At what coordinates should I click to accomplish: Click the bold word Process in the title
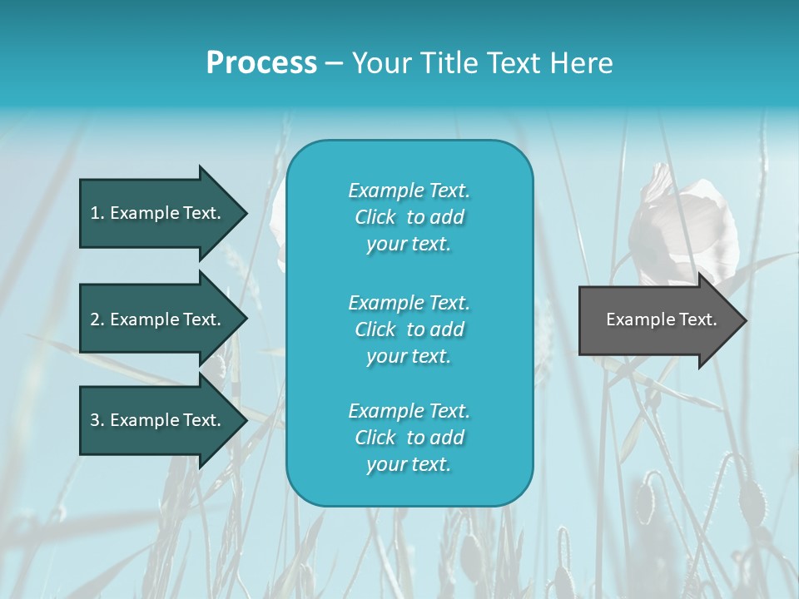(261, 63)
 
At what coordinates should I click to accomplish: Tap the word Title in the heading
(449, 63)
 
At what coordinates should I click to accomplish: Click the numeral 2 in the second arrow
(95, 319)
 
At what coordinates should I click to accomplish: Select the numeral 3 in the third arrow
(95, 420)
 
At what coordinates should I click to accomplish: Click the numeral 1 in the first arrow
(95, 213)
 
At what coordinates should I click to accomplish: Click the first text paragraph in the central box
(409, 217)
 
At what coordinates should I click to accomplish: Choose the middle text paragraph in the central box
(409, 329)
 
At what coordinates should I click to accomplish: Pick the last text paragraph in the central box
(409, 438)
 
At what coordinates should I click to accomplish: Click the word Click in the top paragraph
(375, 217)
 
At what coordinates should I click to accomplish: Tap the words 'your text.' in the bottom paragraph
(409, 464)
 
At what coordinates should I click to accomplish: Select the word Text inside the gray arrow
(697, 319)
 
